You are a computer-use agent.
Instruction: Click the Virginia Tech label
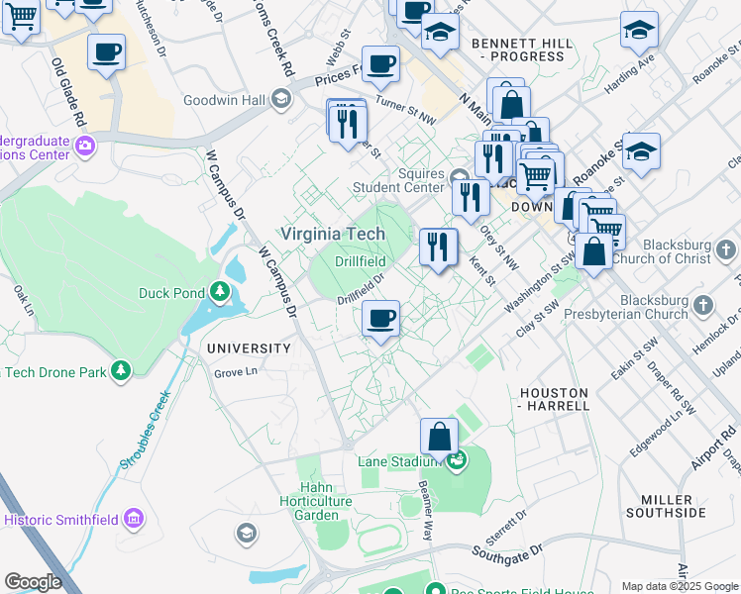pos(332,234)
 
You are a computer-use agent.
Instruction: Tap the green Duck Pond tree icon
pos(219,292)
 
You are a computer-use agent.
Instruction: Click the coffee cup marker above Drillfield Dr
pos(380,319)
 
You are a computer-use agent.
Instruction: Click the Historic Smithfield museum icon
pos(135,519)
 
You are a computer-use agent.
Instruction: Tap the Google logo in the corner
pos(33,582)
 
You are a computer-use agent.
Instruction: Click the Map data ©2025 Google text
pos(680,586)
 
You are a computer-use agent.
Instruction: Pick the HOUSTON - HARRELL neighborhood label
pos(554,399)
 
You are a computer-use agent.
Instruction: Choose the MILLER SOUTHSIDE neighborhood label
pos(667,506)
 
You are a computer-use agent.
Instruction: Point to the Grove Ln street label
pos(237,373)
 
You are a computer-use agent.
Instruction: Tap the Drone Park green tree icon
pos(121,370)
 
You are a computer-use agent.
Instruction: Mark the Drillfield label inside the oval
pos(359,261)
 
